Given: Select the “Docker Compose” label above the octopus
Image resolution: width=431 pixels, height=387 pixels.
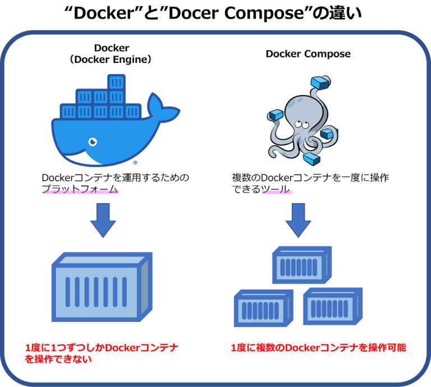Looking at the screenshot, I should [x=308, y=54].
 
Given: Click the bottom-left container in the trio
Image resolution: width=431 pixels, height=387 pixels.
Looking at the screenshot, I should [x=263, y=308].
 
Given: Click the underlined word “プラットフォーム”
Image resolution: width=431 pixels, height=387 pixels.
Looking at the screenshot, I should [x=80, y=189].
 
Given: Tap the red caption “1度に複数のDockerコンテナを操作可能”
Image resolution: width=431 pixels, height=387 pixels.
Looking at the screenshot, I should [x=318, y=348].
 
